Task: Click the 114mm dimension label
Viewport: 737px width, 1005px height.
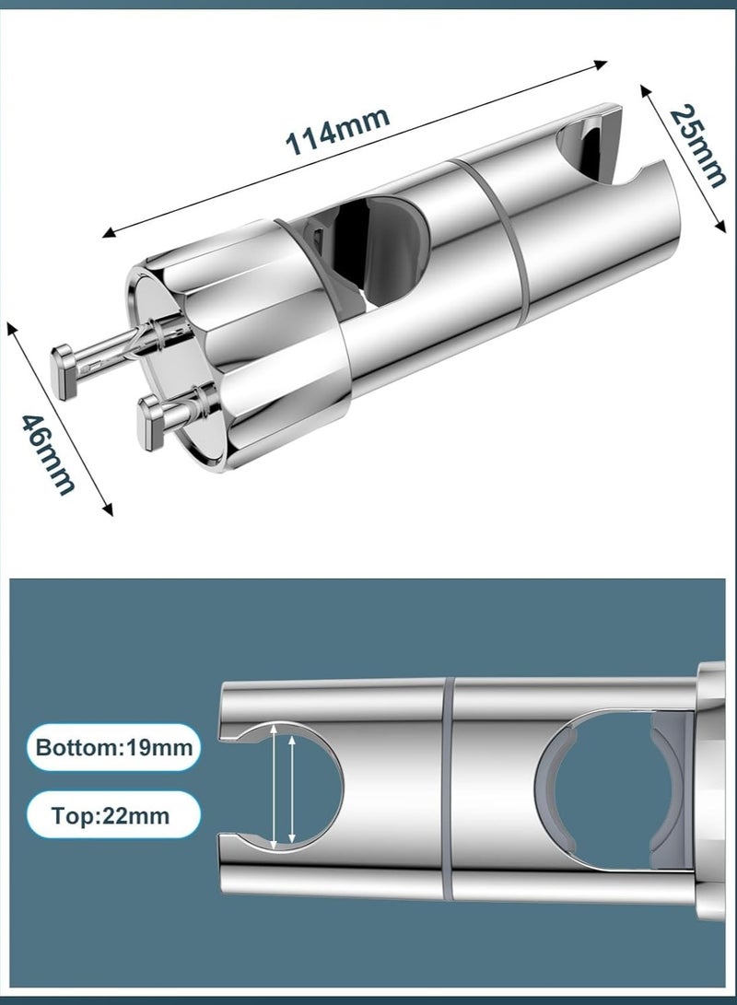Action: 337,132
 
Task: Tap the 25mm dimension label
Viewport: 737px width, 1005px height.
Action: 698,146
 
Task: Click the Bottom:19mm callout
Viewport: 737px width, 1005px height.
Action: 114,747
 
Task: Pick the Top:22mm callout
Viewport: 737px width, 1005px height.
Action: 112,815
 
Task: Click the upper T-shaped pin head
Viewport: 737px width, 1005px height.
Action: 64,372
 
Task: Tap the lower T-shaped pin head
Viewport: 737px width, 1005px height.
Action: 154,423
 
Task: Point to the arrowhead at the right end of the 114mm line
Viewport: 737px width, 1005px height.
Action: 600,64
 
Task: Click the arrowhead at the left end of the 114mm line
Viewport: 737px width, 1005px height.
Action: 110,233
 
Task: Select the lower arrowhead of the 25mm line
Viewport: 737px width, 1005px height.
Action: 721,226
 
